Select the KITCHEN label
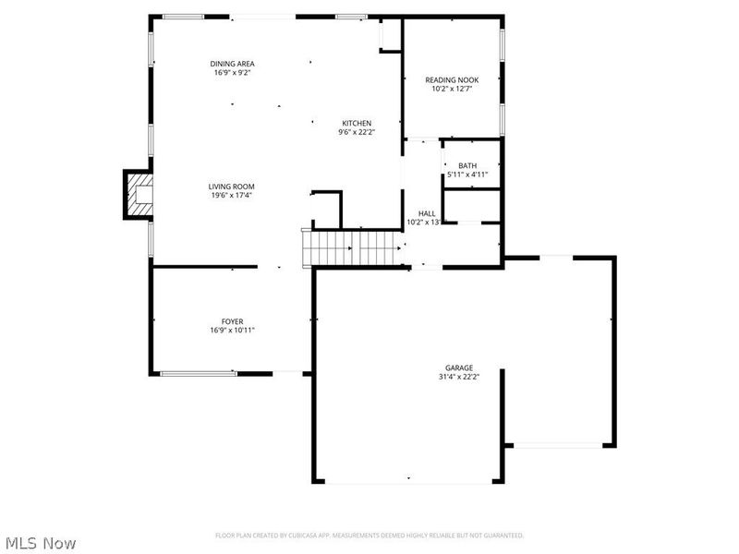[357, 123]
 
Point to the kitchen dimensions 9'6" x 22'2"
[357, 132]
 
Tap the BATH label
[467, 165]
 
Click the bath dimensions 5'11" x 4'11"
[467, 175]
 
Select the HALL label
[427, 213]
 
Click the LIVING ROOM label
[231, 187]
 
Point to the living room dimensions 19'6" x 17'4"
[231, 196]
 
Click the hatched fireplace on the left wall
[139, 195]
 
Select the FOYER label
[232, 321]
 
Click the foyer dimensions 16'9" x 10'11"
[232, 331]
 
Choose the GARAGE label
[458, 367]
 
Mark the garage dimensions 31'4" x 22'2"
[458, 377]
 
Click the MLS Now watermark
[41, 543]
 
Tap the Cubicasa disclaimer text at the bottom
[369, 536]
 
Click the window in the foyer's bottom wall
[199, 373]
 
